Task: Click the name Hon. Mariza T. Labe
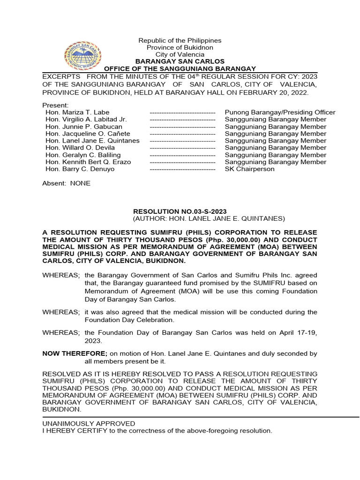[77, 112]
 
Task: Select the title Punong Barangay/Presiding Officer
[280, 112]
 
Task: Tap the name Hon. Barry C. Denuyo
[80, 169]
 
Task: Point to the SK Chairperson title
[249, 169]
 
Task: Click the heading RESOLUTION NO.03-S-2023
[180, 211]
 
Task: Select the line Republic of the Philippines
[180, 41]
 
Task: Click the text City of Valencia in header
[180, 54]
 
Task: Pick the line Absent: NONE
[66, 183]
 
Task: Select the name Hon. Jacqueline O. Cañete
[86, 134]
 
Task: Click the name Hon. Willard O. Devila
[80, 148]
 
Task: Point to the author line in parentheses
[209, 218]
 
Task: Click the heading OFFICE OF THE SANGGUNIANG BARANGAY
[180, 69]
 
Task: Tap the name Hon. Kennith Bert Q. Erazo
[88, 162]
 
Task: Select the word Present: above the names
[55, 105]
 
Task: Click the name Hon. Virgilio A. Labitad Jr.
[86, 120]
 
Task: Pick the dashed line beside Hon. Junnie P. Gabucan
[182, 127]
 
